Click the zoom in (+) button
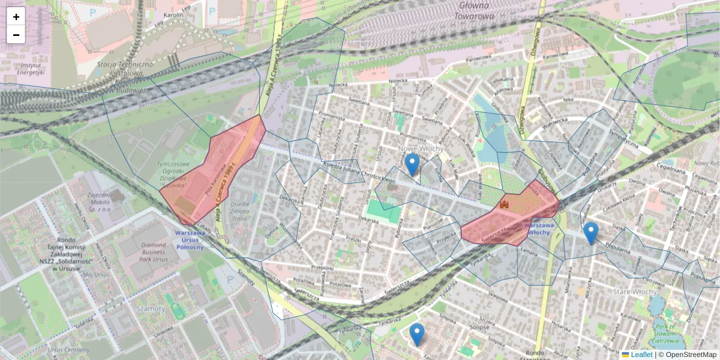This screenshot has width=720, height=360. pyautogui.click(x=16, y=17)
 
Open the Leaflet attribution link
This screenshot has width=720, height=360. pyautogui.click(x=641, y=355)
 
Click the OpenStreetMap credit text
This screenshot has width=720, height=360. pyautogui.click(x=687, y=355)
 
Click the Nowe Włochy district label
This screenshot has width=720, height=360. pyautogui.click(x=421, y=149)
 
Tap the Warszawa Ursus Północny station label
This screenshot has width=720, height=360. pyautogui.click(x=190, y=239)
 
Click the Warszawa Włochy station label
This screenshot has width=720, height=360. pyautogui.click(x=537, y=229)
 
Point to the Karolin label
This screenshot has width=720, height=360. pyautogui.click(x=173, y=14)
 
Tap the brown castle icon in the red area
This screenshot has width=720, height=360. pyautogui.click(x=504, y=205)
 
